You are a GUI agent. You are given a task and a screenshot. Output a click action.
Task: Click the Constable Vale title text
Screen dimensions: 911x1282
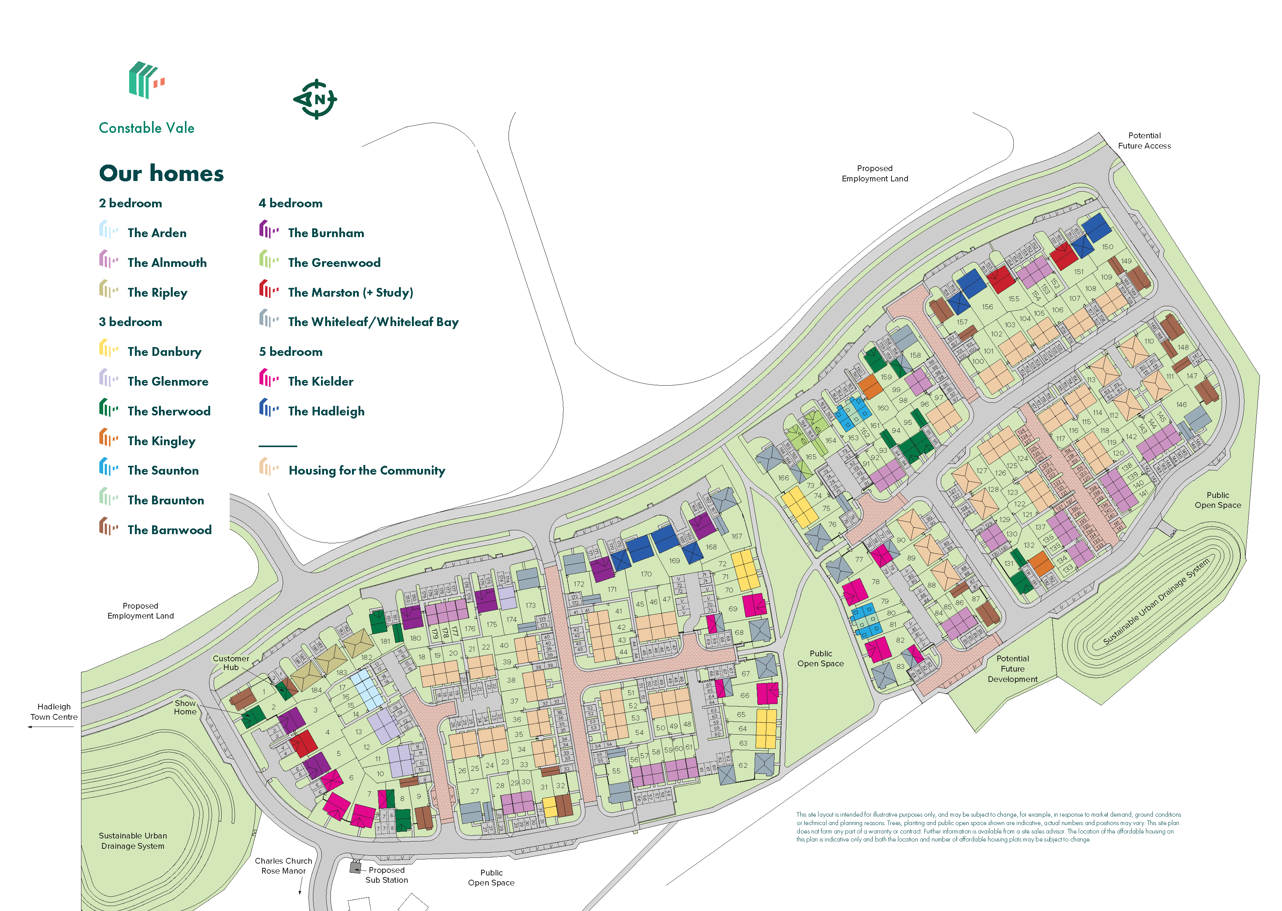click(146, 128)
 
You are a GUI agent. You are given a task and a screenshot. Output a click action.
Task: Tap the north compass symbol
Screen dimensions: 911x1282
click(316, 99)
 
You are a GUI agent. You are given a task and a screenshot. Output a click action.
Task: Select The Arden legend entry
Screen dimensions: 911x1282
click(157, 233)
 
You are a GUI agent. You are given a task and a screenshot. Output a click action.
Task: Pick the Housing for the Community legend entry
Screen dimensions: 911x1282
click(366, 471)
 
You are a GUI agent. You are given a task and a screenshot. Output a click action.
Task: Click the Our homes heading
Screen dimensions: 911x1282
click(161, 173)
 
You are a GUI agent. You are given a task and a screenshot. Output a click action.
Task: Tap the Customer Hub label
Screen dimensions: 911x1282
click(231, 663)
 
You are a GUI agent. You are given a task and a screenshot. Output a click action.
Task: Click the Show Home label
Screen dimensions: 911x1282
click(185, 707)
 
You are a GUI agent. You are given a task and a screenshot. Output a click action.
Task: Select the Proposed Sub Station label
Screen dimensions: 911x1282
click(386, 875)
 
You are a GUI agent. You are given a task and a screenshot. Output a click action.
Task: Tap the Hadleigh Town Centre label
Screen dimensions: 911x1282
click(54, 712)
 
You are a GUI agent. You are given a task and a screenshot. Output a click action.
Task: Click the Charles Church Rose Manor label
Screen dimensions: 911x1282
click(284, 866)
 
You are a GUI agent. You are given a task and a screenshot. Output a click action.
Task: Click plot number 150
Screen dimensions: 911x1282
click(1107, 247)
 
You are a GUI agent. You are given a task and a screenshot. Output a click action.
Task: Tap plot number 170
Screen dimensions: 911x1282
click(646, 574)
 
